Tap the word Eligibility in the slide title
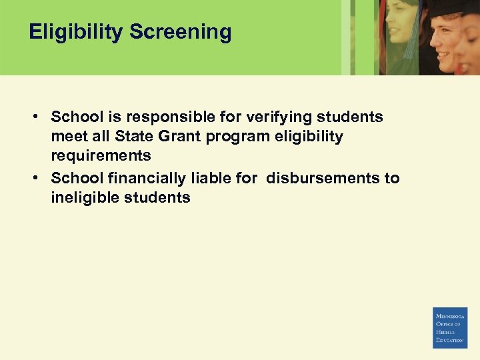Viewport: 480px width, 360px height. [76, 32]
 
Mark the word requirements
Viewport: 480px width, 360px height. [101, 156]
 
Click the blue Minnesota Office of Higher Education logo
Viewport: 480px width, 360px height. [450, 327]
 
